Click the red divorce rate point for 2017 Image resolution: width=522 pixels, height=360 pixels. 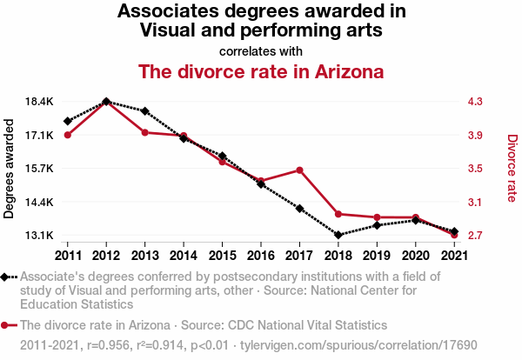pos(299,170)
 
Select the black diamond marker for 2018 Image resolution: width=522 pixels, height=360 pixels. pos(338,235)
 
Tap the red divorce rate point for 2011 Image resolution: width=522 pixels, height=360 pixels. pos(67,134)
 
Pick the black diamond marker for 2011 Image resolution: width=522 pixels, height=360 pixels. pos(67,121)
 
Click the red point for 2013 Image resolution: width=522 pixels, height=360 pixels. pos(144,132)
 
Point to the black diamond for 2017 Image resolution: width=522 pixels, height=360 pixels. pos(299,209)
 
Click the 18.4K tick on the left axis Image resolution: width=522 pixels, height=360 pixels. pos(40,102)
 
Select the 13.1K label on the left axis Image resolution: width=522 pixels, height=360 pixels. pos(40,236)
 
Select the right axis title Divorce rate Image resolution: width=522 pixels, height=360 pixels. pos(512,169)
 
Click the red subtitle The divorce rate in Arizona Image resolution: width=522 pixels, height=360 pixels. pos(261,70)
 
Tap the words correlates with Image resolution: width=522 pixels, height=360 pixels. pos(261,50)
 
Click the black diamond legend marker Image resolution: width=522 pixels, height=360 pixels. pos(6,277)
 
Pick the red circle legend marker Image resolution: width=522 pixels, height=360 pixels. pos(6,324)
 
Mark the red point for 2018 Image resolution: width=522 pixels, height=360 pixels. pos(338,214)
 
